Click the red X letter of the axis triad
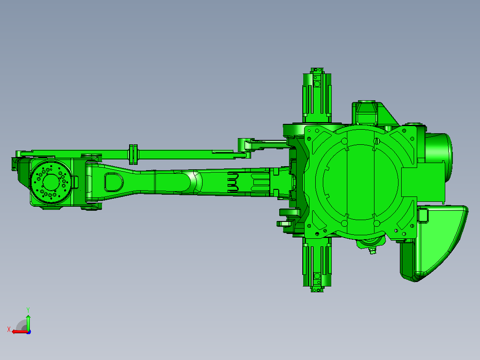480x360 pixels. [x=9, y=329]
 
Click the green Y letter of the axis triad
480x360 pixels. [x=28, y=310]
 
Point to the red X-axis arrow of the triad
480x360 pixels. [x=20, y=332]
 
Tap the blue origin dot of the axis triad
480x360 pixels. [x=29, y=332]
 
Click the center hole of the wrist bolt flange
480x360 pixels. [x=51, y=182]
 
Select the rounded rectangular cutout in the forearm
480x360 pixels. [x=114, y=182]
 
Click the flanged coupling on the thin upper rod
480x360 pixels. [x=133, y=154]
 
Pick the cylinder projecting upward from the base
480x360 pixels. [x=317, y=95]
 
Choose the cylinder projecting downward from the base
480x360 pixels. [x=317, y=265]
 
